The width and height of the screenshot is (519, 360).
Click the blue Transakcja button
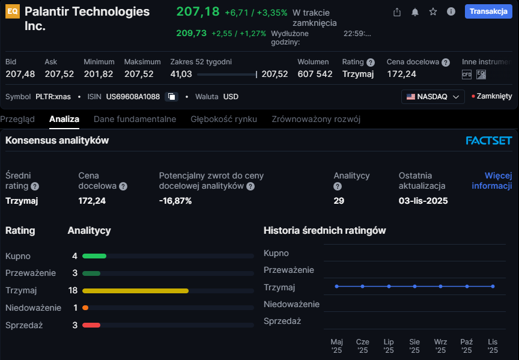[x=488, y=12]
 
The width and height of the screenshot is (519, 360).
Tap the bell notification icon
[x=414, y=12]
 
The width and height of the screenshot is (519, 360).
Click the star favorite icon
[x=432, y=12]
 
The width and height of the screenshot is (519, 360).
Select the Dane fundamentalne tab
[x=135, y=119]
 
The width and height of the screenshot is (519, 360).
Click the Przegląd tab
[x=17, y=119]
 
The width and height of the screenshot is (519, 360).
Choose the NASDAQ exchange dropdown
[x=432, y=96]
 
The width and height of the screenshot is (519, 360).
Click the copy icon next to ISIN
[x=172, y=96]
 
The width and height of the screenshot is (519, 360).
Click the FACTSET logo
[x=488, y=141]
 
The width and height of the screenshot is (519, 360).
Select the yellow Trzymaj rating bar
[x=135, y=290]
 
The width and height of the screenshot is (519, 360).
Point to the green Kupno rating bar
[x=94, y=256]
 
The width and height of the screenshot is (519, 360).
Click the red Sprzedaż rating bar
[x=91, y=325]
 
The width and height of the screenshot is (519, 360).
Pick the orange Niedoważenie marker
[x=85, y=308]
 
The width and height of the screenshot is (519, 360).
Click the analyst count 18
[x=73, y=290]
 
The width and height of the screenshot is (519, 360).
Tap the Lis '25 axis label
[x=493, y=346]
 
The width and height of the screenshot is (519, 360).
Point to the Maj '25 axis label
[x=336, y=346]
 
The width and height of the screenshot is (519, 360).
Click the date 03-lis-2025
[x=423, y=201]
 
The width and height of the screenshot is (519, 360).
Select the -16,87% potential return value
[x=175, y=201]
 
